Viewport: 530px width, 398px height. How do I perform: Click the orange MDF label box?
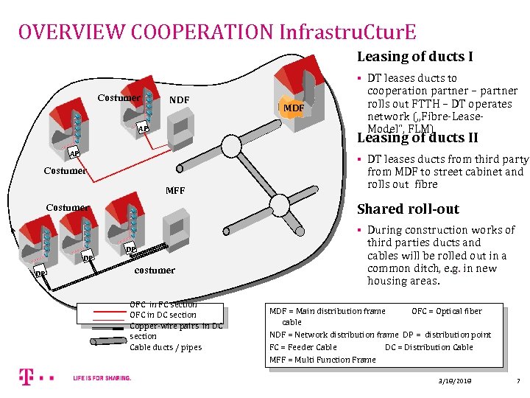tap(294, 108)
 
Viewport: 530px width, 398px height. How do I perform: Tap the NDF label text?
tap(179, 99)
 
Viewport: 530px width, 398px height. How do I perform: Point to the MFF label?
tap(175, 191)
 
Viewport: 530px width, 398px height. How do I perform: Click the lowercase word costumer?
tap(155, 270)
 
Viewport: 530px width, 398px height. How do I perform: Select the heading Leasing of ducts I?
tap(414, 57)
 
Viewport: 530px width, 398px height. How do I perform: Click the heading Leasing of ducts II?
tap(417, 138)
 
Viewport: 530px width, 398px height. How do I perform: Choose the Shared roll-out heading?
tap(408, 209)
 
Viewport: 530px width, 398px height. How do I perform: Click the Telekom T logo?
tap(26, 378)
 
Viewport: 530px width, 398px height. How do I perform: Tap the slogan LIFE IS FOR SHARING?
tap(102, 378)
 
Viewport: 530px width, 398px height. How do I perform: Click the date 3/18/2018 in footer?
tap(454, 380)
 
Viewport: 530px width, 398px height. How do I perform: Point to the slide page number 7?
tap(518, 380)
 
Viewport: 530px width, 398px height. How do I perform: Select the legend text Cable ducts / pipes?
tap(165, 347)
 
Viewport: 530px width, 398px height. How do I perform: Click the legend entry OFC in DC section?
tap(163, 315)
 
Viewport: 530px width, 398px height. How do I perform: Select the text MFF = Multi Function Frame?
tap(322, 360)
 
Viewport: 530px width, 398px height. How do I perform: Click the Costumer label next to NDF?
tap(119, 98)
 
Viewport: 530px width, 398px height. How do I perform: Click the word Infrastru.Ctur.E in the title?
tap(347, 32)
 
